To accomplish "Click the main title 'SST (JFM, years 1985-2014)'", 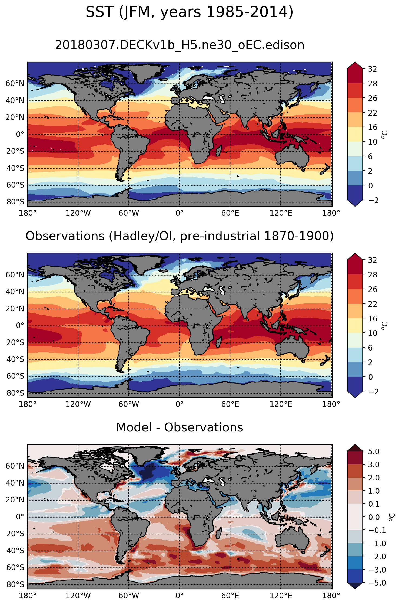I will click(x=189, y=12).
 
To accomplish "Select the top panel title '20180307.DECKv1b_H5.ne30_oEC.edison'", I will click(x=180, y=45).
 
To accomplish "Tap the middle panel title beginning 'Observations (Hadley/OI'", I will click(x=180, y=236).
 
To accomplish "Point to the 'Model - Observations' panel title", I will click(x=180, y=427).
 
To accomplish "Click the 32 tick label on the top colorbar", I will click(x=372, y=69).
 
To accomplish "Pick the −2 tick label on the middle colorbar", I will click(x=371, y=392).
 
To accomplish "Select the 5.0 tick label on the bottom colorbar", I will click(x=374, y=452).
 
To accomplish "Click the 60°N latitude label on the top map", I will click(x=15, y=84).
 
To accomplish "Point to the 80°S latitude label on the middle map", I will click(x=15, y=393).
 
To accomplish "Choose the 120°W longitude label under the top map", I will click(x=78, y=213).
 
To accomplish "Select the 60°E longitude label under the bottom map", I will click(x=230, y=596).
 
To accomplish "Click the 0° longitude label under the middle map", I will click(x=180, y=404).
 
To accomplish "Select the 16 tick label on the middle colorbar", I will click(x=372, y=319).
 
